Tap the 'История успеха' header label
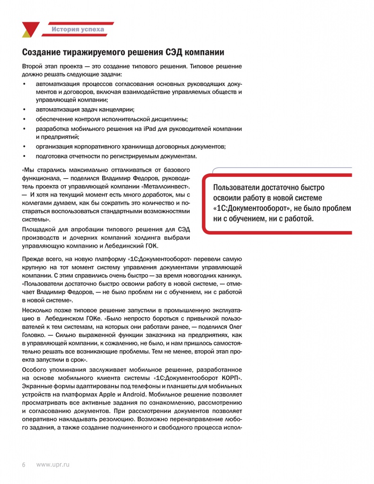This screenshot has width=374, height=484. coord(78,30)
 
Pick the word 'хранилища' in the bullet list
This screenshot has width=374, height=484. coord(143,147)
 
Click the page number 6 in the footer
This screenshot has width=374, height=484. coord(24,465)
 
